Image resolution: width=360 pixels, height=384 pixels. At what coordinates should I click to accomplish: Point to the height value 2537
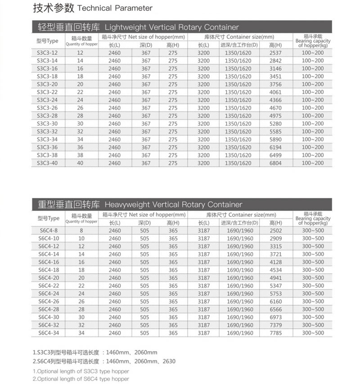pos(275,53)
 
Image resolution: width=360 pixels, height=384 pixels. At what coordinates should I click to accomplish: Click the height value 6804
pos(275,163)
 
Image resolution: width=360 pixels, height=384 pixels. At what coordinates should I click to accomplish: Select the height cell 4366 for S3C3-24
pos(275,100)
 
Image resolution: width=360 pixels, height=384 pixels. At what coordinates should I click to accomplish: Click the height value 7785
pos(276,333)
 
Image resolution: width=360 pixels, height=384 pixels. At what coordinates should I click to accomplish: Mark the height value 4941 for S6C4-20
pos(276,278)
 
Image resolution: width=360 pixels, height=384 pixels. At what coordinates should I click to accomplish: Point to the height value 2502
pos(276,231)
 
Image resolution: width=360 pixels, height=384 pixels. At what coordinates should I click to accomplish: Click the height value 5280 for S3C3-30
pos(275,124)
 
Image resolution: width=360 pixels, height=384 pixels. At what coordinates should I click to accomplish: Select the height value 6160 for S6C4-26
pos(276,302)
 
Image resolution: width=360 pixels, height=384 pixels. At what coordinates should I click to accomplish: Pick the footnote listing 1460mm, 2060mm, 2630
pos(104,361)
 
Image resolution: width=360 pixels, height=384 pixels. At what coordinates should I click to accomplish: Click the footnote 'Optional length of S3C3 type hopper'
pos(81,371)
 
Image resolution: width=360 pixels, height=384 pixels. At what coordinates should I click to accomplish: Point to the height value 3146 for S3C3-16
pos(275,68)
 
